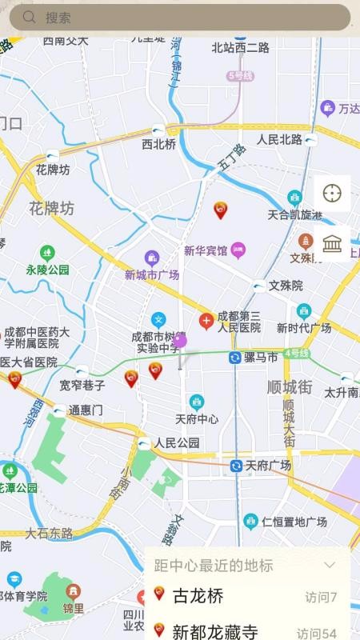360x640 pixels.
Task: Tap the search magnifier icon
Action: click(30, 17)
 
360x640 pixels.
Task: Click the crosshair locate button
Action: click(332, 193)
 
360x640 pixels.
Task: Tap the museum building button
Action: click(332, 243)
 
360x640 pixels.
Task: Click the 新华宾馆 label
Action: click(206, 250)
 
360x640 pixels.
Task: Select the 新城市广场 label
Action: click(151, 274)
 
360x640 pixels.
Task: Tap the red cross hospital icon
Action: click(206, 322)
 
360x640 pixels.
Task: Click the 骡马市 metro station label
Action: click(261, 357)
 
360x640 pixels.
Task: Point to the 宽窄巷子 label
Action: click(82, 386)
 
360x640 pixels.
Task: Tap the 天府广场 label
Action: click(267, 466)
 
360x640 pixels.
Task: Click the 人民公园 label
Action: click(177, 442)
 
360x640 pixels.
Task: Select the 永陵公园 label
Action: click(47, 270)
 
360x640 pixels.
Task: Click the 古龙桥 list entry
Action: click(198, 596)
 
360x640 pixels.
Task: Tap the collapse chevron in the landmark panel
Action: click(329, 565)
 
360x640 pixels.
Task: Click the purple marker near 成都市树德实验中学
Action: click(179, 340)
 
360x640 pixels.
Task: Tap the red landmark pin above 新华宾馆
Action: click(221, 210)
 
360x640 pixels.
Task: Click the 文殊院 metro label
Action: click(286, 286)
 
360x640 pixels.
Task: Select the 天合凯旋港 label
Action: click(294, 214)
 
